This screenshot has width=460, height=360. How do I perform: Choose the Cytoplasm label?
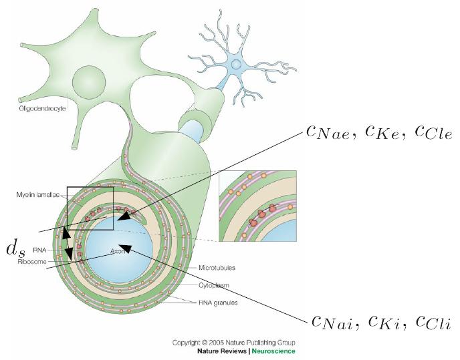click(x=214, y=284)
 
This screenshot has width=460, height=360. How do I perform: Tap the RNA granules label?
click(x=219, y=303)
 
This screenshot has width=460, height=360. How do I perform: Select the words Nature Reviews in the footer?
click(x=223, y=351)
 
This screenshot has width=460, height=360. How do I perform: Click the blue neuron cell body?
click(x=235, y=64)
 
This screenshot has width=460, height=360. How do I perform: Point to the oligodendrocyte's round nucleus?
click(x=89, y=82)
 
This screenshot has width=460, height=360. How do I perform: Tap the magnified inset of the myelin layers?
click(x=257, y=206)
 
